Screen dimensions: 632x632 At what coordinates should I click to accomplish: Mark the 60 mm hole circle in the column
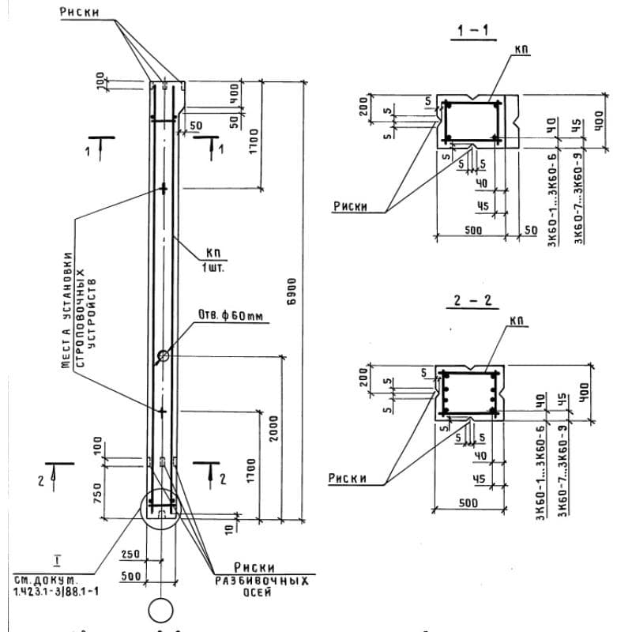(164, 356)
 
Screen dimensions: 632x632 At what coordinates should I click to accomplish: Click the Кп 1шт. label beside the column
(213, 259)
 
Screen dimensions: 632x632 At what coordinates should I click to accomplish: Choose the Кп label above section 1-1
(521, 49)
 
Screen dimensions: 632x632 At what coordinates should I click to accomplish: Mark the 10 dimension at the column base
(228, 527)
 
